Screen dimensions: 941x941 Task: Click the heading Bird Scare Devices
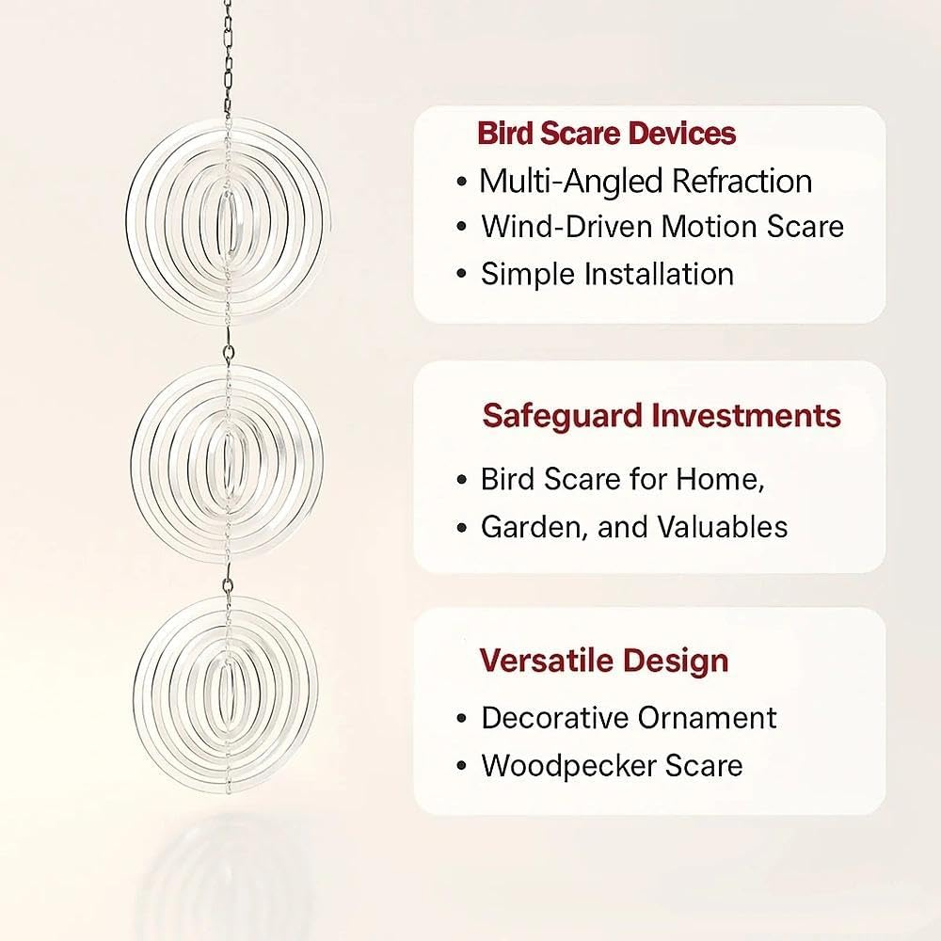[606, 133]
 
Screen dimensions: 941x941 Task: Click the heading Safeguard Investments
[662, 415]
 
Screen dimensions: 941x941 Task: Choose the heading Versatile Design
[604, 660]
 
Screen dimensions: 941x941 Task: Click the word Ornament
[707, 718]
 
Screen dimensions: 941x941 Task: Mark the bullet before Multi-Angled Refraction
[461, 181]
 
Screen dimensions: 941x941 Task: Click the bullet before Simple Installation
[461, 275]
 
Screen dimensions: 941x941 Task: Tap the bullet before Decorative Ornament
[461, 719]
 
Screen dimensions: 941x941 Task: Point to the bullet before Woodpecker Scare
[461, 766]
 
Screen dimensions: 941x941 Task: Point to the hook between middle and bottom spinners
[229, 586]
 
